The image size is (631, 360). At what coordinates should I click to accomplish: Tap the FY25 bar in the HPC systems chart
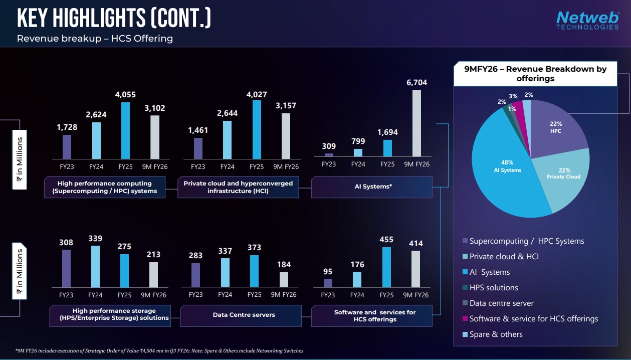[125, 130]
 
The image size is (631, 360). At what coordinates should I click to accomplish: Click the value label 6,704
[417, 83]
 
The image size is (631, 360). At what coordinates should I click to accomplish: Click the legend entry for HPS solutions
[494, 288]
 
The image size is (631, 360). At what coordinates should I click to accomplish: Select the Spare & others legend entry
[496, 334]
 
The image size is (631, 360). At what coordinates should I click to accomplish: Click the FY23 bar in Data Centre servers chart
[195, 275]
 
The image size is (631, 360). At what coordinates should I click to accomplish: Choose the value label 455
[386, 240]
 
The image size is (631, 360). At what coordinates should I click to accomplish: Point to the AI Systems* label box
[371, 187]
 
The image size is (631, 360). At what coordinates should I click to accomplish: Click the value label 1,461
[198, 130]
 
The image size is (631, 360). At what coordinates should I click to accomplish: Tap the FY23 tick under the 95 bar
[328, 295]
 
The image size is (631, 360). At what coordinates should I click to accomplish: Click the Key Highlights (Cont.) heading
[114, 19]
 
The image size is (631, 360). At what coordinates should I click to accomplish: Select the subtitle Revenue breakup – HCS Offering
[95, 39]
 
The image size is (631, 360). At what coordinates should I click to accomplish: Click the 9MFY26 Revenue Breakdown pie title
[535, 74]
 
